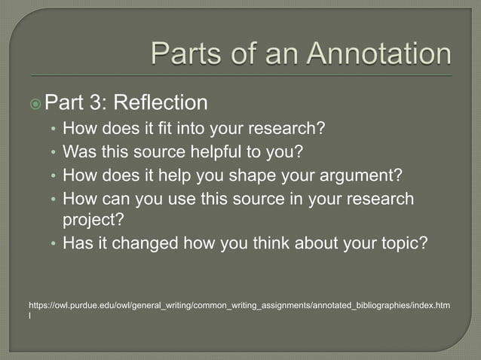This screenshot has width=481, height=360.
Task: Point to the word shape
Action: (x=263, y=176)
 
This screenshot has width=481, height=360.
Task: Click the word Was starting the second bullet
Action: (x=77, y=152)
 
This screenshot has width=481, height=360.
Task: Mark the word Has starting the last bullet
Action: (x=76, y=244)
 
